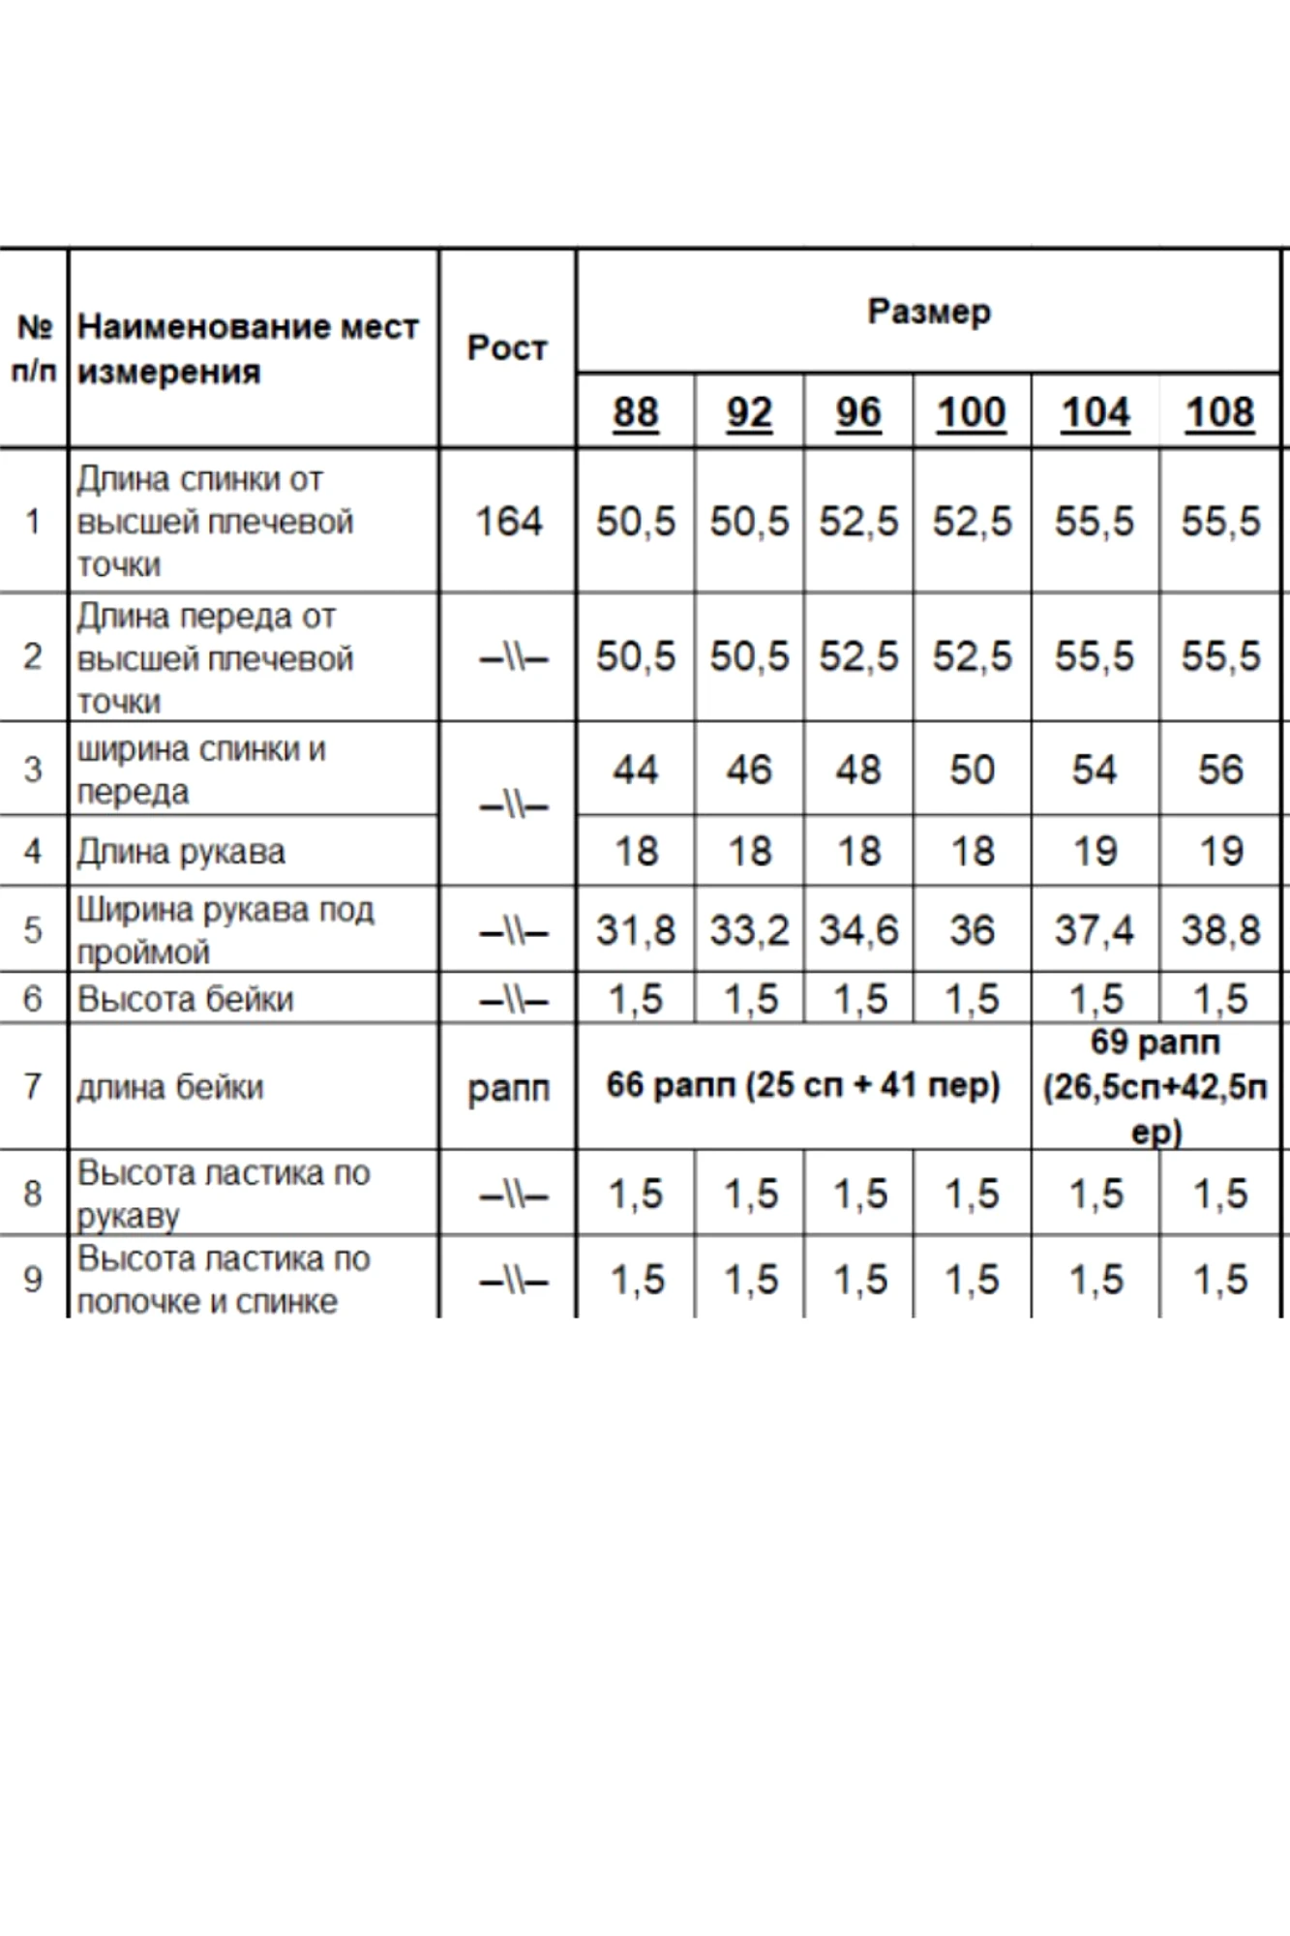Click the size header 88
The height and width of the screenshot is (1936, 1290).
coord(635,412)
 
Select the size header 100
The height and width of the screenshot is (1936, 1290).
coord(971,412)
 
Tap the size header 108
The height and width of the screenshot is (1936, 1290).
coord(1219,412)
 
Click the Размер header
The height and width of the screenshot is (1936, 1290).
coord(929,312)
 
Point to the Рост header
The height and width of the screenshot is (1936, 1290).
coord(507,348)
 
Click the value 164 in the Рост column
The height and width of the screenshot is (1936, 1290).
coord(508,522)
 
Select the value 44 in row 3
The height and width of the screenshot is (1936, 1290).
coord(635,770)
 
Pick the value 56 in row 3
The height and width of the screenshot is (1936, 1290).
coord(1219,770)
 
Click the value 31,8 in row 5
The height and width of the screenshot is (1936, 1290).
coord(635,930)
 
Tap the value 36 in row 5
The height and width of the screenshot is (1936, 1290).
coord(972,930)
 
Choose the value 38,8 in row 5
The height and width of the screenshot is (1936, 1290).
coord(1219,930)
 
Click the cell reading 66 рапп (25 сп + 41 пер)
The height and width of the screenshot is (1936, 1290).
coord(803,1085)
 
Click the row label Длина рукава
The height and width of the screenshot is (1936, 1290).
coord(181,852)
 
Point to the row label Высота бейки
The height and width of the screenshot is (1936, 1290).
coord(185,999)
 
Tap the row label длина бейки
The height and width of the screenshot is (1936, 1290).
coord(170,1087)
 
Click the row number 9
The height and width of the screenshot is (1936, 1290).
coord(33,1280)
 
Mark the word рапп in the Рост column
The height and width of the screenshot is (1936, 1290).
coord(508,1089)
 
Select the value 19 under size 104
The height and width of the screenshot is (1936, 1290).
coord(1095,852)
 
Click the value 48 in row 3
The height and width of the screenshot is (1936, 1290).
coord(858,770)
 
